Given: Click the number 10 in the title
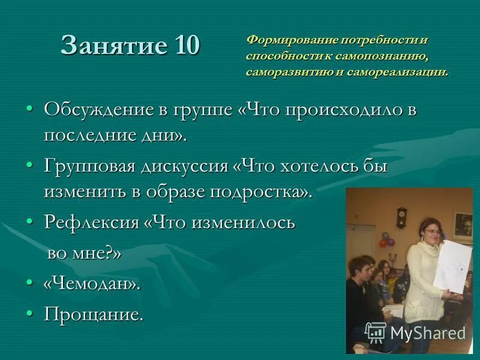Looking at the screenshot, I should click(187, 46).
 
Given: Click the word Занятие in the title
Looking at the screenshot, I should click(115, 46).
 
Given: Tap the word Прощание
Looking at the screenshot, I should click(94, 314).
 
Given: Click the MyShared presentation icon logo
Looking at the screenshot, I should click(376, 332).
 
